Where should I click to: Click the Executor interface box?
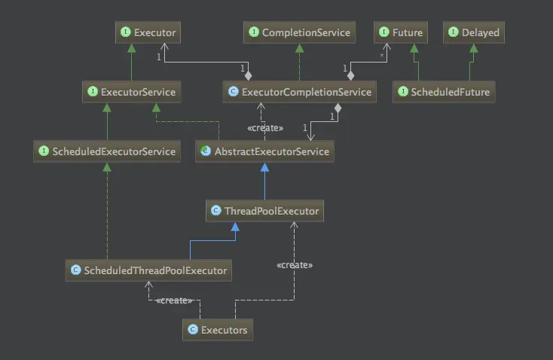(148, 32)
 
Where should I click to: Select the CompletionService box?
(299, 32)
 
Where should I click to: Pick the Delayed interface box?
(473, 32)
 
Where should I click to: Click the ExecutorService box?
(131, 92)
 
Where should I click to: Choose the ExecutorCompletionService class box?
(299, 92)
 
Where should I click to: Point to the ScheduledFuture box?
(445, 92)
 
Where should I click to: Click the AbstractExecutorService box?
(263, 151)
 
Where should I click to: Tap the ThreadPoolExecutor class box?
(264, 211)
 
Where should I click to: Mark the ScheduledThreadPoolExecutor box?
(148, 269)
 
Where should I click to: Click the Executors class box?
(217, 329)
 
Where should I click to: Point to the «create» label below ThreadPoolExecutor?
(295, 265)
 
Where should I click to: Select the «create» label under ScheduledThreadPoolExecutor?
(174, 301)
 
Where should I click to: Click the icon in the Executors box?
(193, 329)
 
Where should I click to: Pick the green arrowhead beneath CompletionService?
(299, 47)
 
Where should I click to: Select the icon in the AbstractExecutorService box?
(205, 151)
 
